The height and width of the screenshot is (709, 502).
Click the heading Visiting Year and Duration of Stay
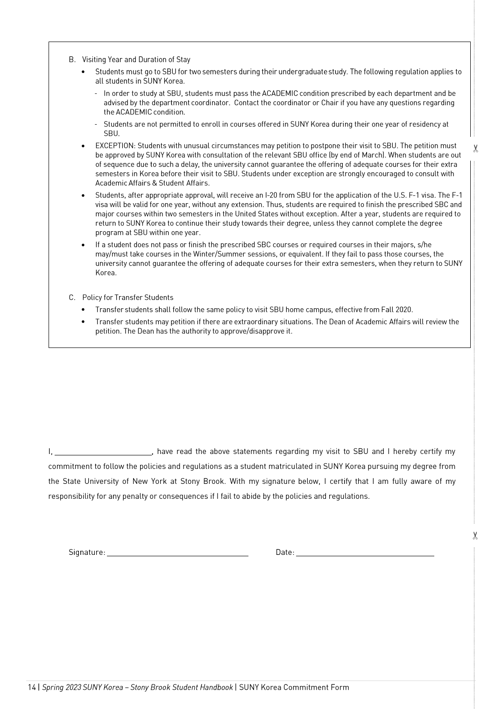(x=136, y=59)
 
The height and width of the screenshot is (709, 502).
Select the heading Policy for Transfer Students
(x=127, y=298)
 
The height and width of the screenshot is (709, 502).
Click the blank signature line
(x=177, y=553)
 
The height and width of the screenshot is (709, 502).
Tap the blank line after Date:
(x=365, y=553)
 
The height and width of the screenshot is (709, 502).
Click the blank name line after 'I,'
(x=103, y=452)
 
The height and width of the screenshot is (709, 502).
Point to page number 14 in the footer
(x=32, y=687)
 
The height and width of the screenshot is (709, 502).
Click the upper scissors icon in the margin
(x=475, y=149)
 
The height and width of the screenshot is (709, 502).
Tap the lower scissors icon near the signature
(x=475, y=536)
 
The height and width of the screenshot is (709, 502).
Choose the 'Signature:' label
(x=87, y=553)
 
